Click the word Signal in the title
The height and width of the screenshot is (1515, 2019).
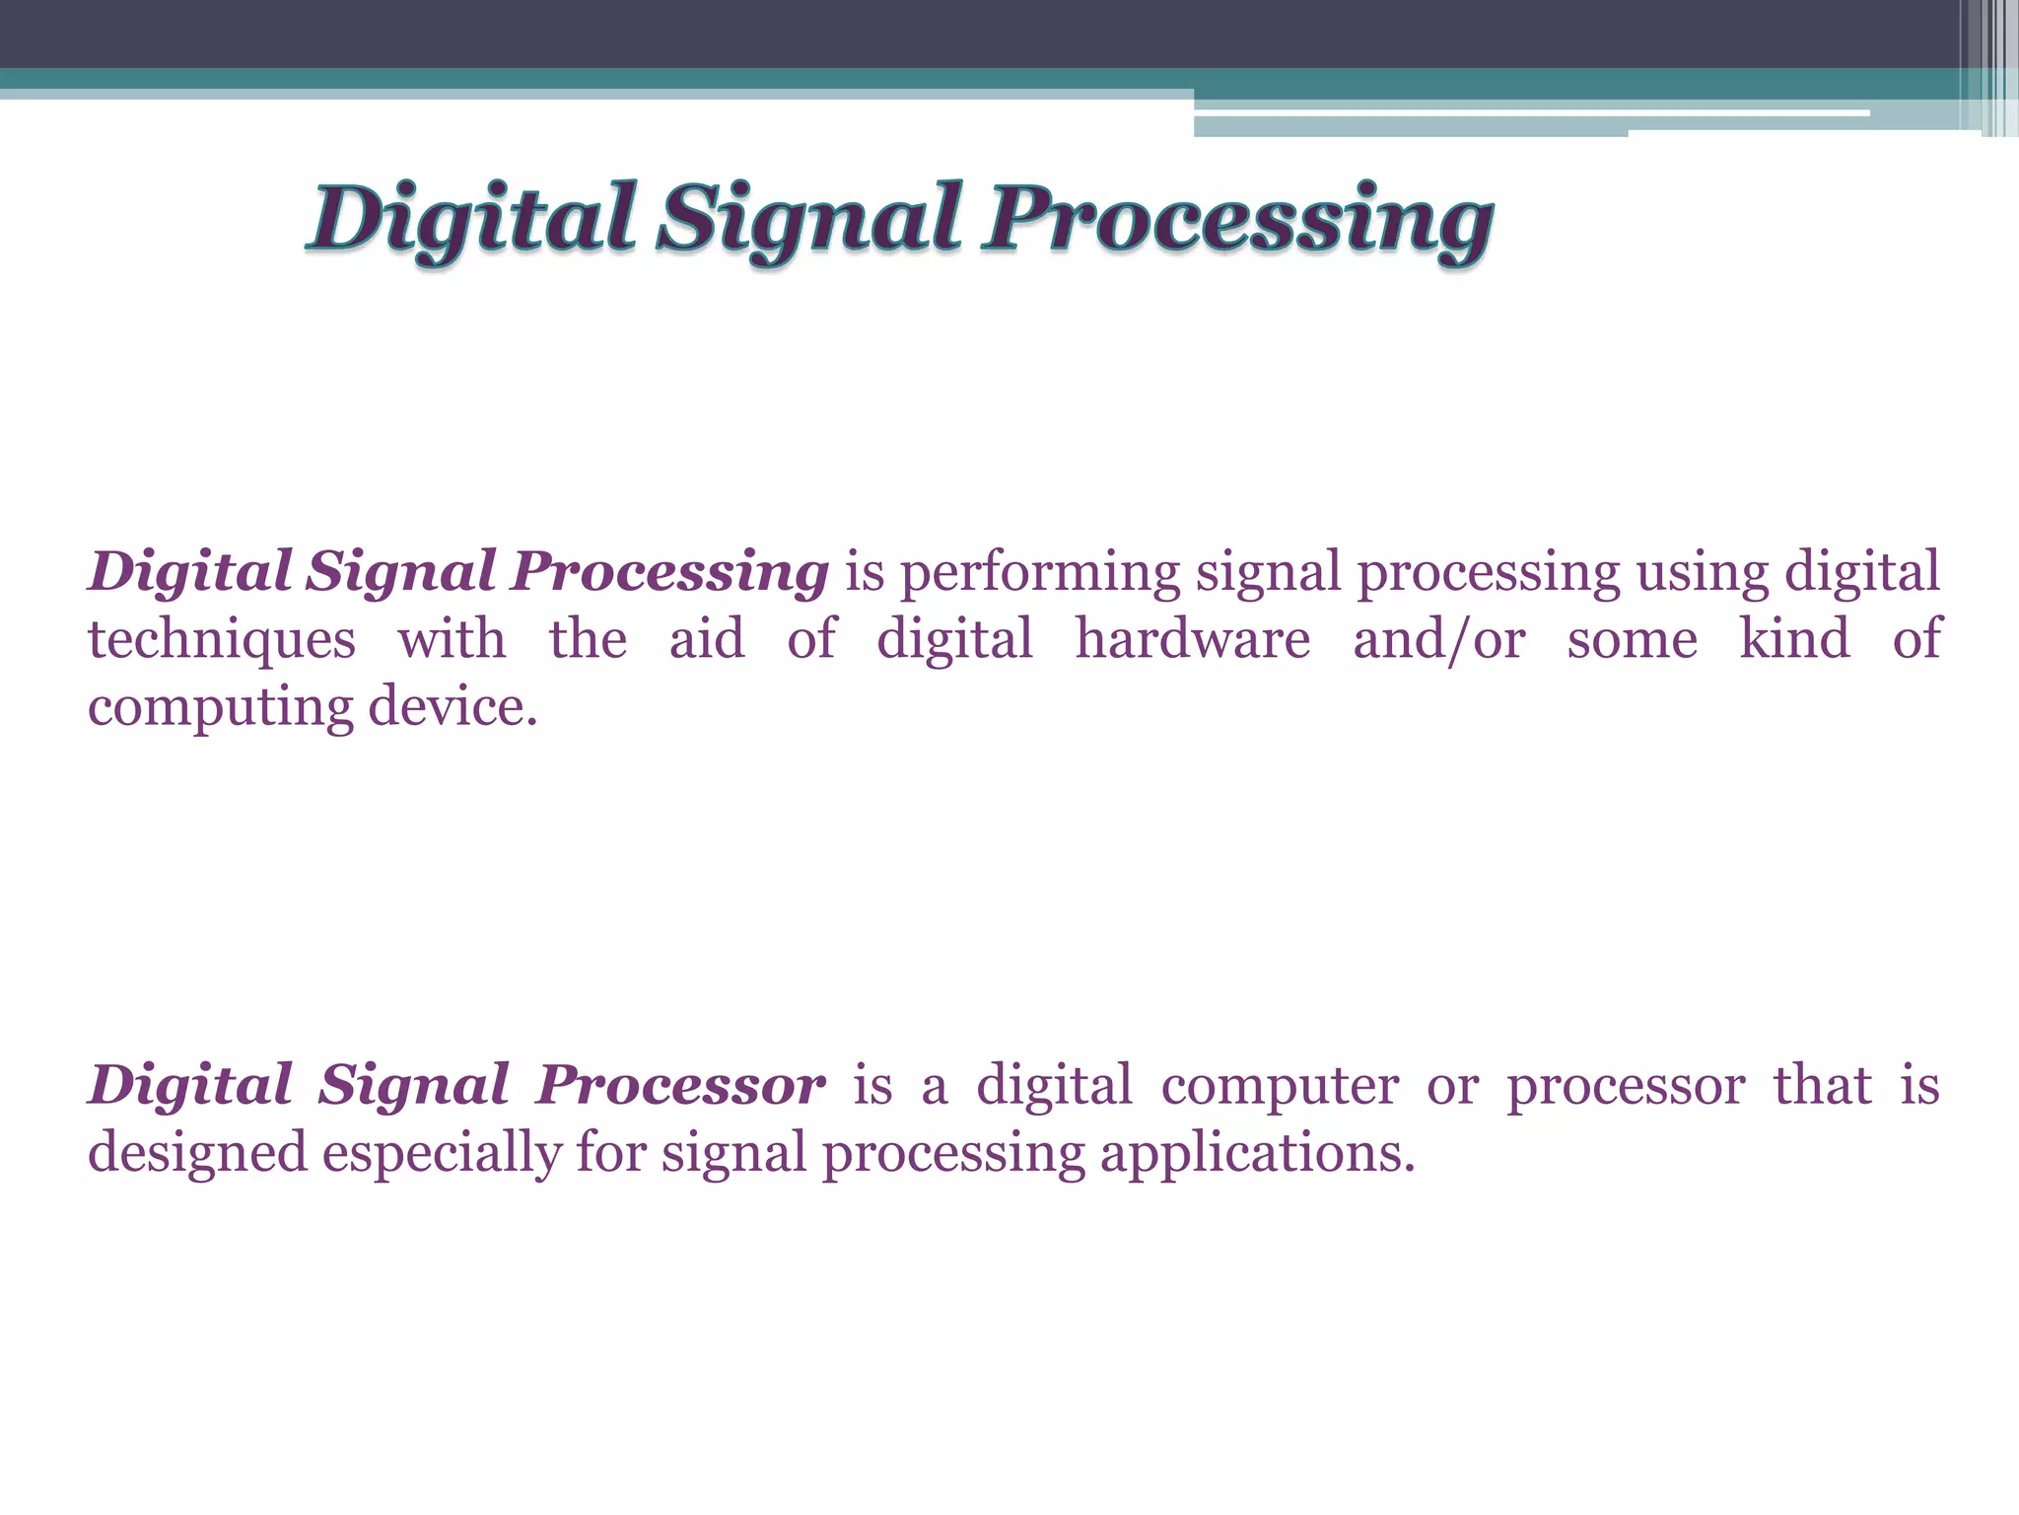[808, 219]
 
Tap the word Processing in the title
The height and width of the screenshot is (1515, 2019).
[1240, 219]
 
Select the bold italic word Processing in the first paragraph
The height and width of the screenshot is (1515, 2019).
[670, 573]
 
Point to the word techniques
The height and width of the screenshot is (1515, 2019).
[222, 639]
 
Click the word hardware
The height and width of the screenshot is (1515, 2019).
[1192, 639]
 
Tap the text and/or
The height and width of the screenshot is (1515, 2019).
[1438, 639]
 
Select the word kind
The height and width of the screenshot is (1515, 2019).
[1794, 639]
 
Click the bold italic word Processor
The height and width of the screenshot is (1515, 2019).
[680, 1086]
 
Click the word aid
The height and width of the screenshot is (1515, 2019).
[707, 639]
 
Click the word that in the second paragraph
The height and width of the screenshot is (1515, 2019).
[1822, 1086]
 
